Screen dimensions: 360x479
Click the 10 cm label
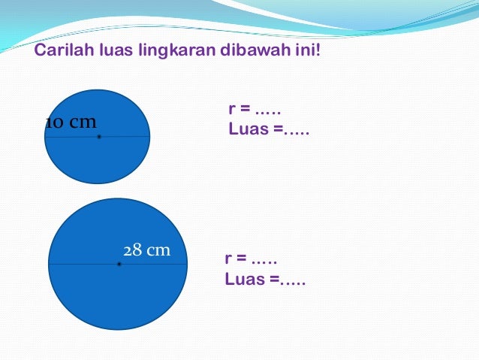click(x=71, y=123)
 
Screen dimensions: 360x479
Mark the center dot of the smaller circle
click(x=99, y=137)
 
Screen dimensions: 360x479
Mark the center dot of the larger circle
click(x=119, y=265)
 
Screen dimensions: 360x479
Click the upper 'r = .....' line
click(x=255, y=110)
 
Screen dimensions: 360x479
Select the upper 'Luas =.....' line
click(x=269, y=129)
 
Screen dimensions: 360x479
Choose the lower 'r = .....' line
click(x=251, y=259)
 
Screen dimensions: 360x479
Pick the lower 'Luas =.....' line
click(x=265, y=279)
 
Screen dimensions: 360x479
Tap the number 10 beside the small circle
click(x=55, y=123)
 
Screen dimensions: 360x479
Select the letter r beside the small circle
click(x=231, y=110)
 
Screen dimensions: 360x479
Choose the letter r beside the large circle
click(x=227, y=260)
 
